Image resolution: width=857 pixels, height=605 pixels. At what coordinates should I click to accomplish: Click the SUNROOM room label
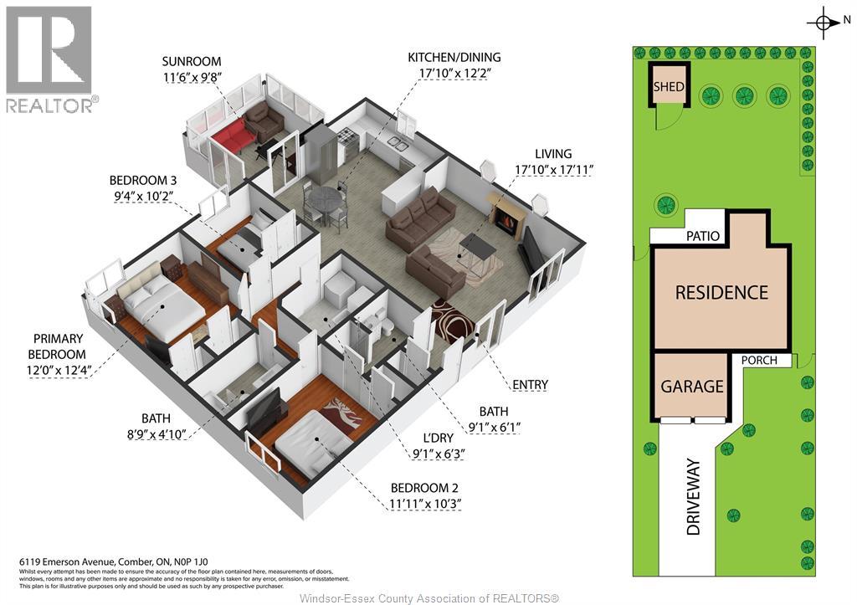point(192,61)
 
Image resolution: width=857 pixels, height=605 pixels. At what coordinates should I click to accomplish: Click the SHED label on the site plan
point(669,87)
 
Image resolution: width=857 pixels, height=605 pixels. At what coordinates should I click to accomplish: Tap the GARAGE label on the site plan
point(692,387)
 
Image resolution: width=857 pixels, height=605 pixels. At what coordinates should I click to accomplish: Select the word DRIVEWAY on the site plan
point(693,497)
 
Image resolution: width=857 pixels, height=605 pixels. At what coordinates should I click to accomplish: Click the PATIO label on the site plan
point(703,236)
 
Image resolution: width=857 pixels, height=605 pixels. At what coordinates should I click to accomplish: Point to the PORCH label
point(759,360)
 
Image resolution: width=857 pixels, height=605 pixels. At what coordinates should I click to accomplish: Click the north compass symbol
point(824,23)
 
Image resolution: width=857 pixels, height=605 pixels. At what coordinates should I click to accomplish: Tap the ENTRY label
point(530,385)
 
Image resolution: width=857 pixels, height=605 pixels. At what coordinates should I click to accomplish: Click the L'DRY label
point(439,438)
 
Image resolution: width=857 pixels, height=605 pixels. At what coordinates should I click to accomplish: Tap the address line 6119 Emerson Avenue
point(114,561)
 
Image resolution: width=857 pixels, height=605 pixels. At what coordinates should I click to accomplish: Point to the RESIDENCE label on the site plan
point(721,292)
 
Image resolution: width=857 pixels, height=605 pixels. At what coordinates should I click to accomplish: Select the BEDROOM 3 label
point(142,180)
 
